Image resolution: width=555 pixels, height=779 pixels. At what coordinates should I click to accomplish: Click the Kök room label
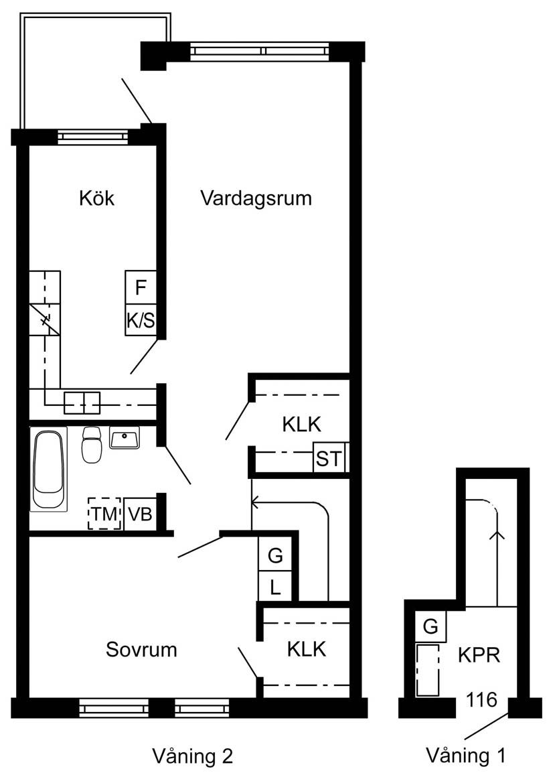click(x=97, y=198)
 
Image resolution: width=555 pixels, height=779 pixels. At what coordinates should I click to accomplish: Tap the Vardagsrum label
click(x=256, y=198)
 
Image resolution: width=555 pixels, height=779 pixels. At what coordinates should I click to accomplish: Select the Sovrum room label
click(x=141, y=649)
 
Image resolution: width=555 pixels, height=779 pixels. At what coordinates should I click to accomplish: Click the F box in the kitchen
click(x=141, y=287)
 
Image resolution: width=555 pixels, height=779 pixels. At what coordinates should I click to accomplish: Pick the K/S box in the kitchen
click(x=141, y=320)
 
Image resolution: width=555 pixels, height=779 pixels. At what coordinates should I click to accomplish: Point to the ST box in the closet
click(x=329, y=457)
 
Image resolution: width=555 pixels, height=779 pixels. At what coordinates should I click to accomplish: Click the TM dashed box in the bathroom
click(x=104, y=513)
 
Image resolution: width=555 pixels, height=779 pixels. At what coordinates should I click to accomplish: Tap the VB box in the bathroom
click(x=140, y=514)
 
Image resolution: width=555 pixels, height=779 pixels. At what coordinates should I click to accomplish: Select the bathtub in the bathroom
click(x=48, y=469)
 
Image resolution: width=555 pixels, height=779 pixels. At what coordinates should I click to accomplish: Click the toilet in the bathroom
click(x=92, y=444)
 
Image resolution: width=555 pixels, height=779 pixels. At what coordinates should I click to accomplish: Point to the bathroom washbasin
click(x=125, y=438)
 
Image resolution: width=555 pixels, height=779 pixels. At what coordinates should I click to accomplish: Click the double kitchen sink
click(x=82, y=403)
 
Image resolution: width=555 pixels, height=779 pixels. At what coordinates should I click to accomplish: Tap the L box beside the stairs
click(x=275, y=587)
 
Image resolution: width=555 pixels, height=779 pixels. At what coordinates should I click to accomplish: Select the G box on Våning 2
click(x=275, y=555)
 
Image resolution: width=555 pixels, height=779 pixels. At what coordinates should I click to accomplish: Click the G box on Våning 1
click(x=430, y=626)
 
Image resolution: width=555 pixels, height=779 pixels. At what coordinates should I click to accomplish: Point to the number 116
click(x=481, y=699)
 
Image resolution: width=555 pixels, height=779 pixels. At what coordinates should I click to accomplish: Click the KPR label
click(x=479, y=655)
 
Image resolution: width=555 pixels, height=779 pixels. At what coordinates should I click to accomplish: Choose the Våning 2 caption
click(x=192, y=756)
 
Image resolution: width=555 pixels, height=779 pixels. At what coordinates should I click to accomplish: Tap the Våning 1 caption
click(x=466, y=756)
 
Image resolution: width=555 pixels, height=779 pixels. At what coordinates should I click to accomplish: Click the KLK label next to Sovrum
click(x=307, y=649)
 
